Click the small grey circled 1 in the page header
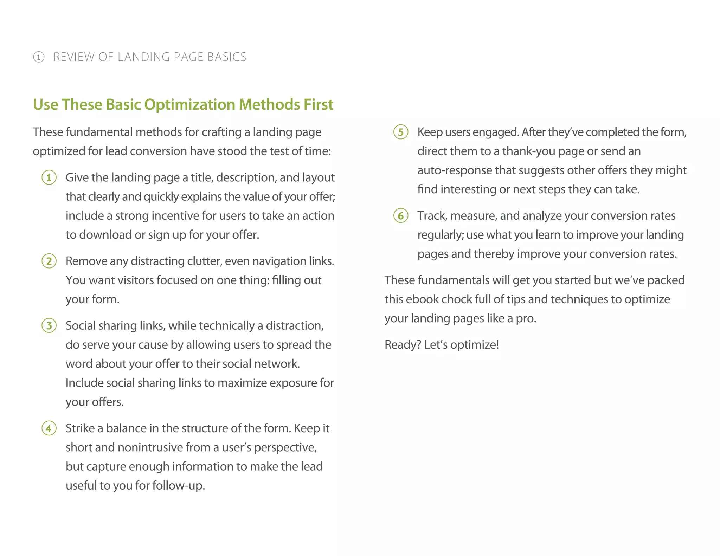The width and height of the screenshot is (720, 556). click(x=39, y=57)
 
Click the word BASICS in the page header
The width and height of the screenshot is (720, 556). click(x=227, y=57)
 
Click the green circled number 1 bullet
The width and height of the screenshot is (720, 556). click(x=49, y=177)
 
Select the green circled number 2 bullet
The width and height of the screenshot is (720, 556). click(x=49, y=261)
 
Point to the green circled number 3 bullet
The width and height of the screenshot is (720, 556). click(x=49, y=325)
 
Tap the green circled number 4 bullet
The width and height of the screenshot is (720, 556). click(x=49, y=428)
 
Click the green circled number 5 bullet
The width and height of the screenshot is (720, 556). click(x=401, y=132)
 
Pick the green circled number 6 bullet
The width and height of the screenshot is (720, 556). click(x=401, y=215)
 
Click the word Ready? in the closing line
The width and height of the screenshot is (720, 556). click(x=403, y=345)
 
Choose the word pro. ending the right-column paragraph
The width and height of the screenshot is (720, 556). click(x=526, y=318)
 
